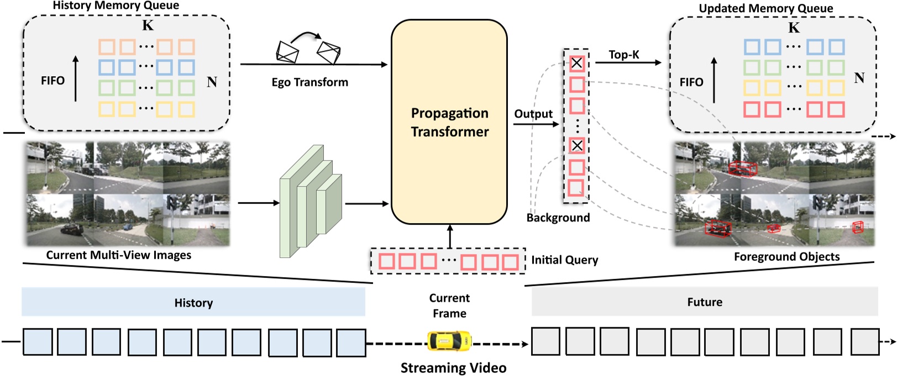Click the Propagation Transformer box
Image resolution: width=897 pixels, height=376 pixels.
(449, 121)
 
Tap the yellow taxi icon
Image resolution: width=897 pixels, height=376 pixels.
(450, 341)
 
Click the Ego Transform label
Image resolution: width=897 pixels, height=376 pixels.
(310, 82)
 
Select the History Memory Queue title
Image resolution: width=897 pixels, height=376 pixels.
(116, 6)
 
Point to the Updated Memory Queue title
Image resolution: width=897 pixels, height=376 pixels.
(765, 8)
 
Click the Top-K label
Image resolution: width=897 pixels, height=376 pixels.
(623, 55)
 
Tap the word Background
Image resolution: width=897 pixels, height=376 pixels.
(558, 218)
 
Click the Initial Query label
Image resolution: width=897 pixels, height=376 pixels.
(564, 260)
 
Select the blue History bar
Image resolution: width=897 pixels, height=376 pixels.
(193, 302)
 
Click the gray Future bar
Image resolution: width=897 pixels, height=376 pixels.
(704, 301)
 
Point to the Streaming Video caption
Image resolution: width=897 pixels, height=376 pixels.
(453, 368)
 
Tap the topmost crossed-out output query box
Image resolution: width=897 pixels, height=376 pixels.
(576, 63)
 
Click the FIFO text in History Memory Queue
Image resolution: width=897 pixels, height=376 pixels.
(53, 81)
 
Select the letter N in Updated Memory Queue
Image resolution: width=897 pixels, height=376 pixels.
(858, 78)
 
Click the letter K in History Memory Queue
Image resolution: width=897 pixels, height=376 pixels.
(148, 25)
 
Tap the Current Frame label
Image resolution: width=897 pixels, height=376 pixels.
(449, 305)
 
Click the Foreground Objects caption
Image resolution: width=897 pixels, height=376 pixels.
(786, 257)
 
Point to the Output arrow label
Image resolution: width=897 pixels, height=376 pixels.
(533, 114)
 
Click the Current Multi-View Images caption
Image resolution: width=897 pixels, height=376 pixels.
(118, 255)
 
